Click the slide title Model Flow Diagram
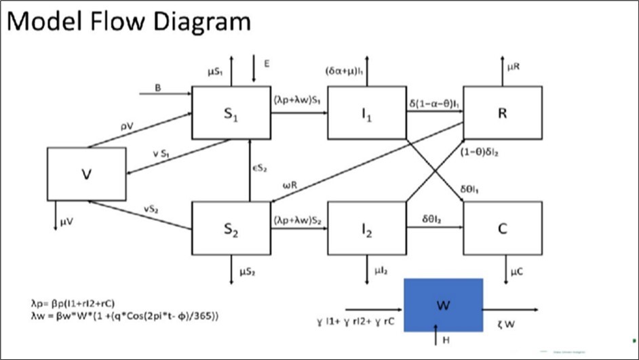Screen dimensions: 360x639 point(129,22)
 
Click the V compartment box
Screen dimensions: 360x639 point(86,174)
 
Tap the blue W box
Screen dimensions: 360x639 point(443,304)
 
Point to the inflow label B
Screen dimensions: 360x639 point(158,87)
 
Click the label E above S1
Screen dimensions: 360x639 point(267,63)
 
